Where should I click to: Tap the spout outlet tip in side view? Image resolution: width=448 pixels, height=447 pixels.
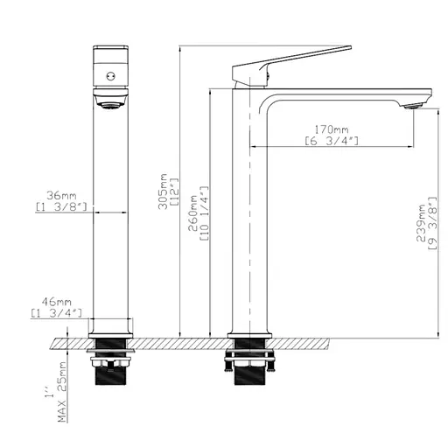[410, 105]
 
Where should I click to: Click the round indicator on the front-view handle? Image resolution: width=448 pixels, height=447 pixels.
[110, 77]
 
